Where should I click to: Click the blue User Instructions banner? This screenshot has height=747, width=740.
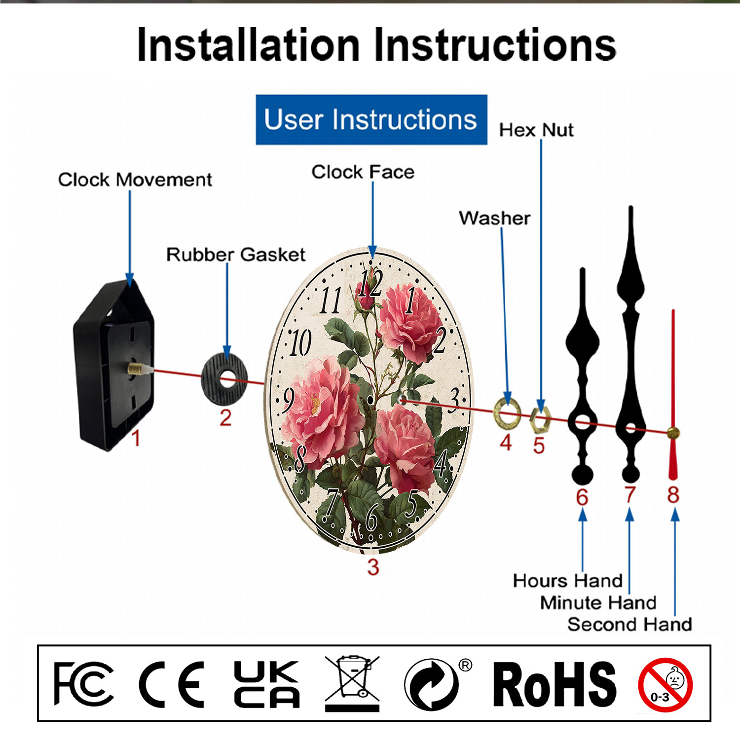tap(371, 120)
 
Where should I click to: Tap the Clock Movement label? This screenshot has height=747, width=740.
tap(135, 180)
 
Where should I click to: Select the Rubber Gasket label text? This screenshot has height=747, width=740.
tap(235, 255)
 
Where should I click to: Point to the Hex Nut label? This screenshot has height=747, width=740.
tap(536, 130)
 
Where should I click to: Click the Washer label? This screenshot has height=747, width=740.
tap(494, 218)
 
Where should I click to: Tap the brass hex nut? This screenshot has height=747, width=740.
tap(539, 420)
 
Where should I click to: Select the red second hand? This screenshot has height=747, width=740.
tap(673, 395)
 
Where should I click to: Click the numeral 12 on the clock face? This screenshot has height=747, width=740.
tap(370, 283)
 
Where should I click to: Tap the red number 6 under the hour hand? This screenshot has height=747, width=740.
tap(582, 497)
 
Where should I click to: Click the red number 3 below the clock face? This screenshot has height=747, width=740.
tap(373, 567)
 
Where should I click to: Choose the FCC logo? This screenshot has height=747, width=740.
tap(83, 684)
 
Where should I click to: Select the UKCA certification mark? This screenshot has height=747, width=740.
tap(266, 684)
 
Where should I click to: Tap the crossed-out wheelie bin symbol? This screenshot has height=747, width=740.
tap(352, 683)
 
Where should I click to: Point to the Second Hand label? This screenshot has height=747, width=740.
tap(629, 625)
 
